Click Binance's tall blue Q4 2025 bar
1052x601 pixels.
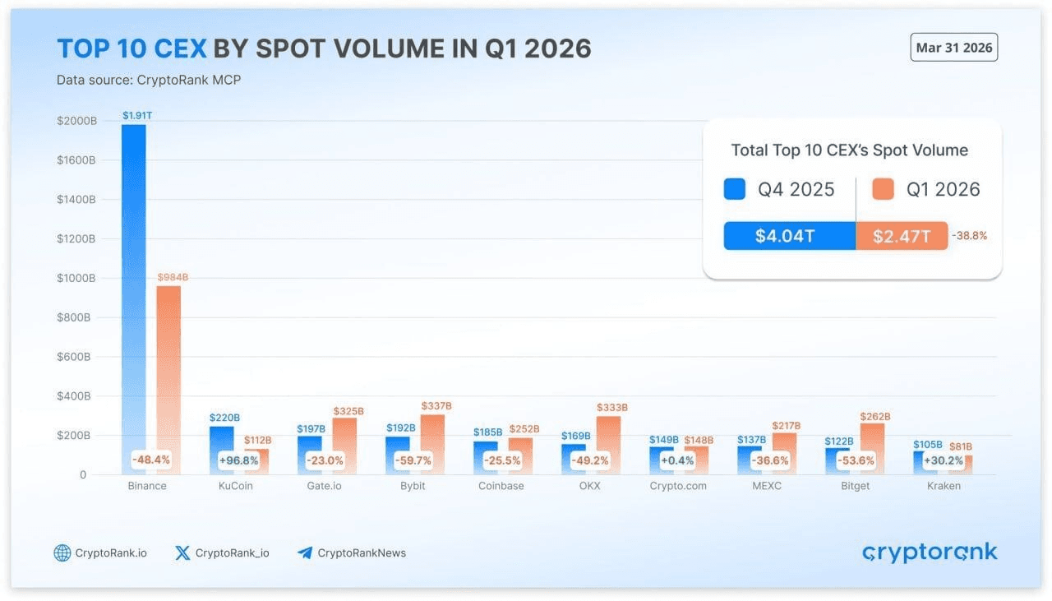tap(134, 288)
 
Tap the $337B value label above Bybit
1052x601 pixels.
tap(436, 406)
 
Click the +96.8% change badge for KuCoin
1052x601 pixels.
tap(238, 460)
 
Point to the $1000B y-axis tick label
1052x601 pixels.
tap(76, 278)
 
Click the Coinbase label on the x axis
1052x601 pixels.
tap(501, 486)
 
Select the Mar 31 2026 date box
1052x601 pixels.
tap(954, 48)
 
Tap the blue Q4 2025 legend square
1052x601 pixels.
tap(734, 189)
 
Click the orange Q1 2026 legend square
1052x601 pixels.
tap(883, 189)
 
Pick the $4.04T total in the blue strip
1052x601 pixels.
tap(785, 237)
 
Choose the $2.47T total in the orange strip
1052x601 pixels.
tap(902, 237)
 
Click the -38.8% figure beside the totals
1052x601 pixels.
tap(970, 236)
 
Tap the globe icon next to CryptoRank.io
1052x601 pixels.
tap(62, 552)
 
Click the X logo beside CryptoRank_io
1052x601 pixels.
tap(182, 552)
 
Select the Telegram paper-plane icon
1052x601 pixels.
tap(305, 552)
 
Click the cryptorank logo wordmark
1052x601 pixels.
tap(930, 552)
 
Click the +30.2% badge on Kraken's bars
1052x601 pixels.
tap(944, 460)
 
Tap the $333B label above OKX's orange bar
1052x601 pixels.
tap(612, 407)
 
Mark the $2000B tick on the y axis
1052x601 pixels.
tap(76, 121)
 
